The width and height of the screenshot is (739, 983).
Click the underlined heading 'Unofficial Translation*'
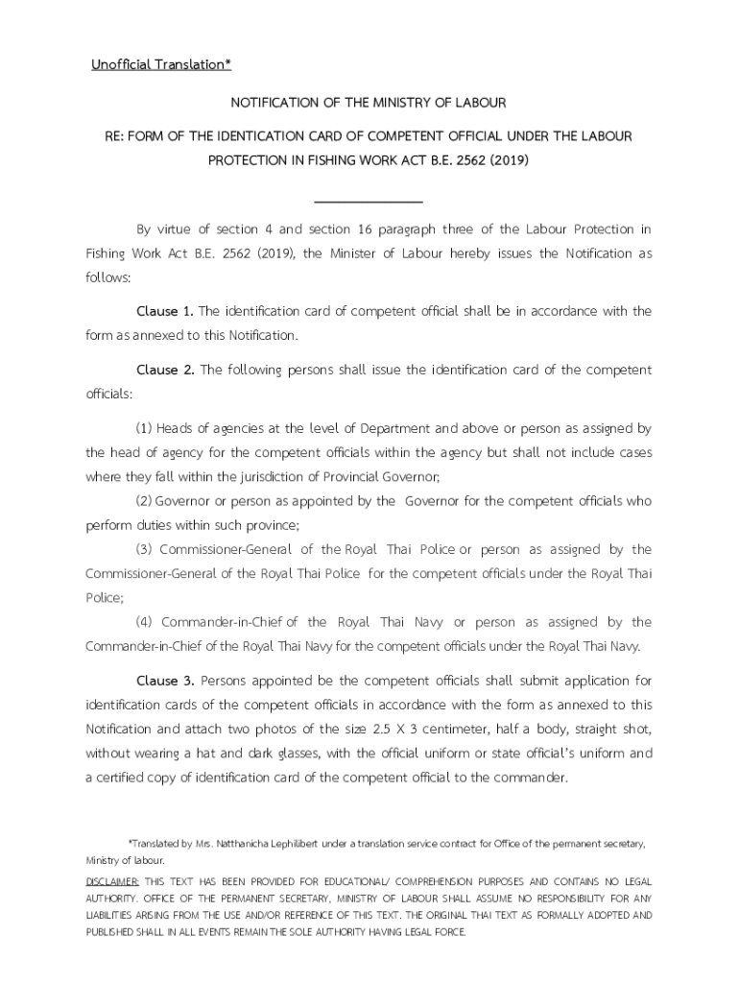point(161,65)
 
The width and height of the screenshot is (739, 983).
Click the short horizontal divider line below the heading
point(369,203)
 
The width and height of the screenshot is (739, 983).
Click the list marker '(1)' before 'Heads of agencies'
point(144,428)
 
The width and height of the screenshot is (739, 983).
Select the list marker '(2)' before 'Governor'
point(144,501)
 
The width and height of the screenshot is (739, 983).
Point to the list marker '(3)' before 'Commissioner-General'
point(144,549)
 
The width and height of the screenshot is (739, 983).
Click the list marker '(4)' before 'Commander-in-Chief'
point(144,622)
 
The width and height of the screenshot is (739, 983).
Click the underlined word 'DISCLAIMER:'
point(113,881)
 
